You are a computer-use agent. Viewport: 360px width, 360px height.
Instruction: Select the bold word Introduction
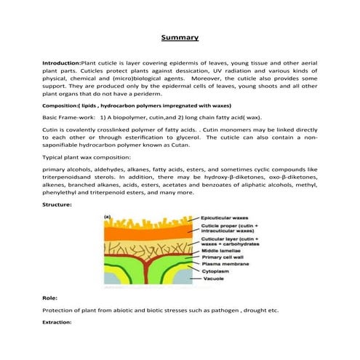click(63, 64)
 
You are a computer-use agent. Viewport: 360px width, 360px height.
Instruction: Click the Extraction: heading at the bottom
click(57, 321)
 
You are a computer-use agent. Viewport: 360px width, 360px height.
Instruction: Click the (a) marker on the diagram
click(107, 217)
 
